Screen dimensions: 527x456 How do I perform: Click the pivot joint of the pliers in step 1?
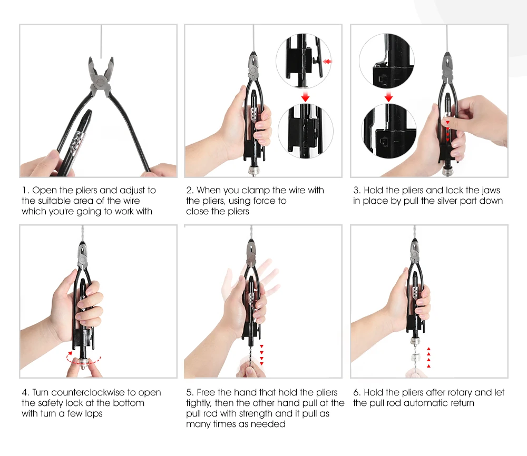click(100, 82)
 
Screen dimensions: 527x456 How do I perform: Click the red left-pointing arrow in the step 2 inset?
click(327, 62)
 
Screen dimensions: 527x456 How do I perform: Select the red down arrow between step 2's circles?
click(305, 97)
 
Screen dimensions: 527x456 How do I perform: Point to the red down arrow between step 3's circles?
click(388, 97)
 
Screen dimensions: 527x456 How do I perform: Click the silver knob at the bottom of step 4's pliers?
click(84, 362)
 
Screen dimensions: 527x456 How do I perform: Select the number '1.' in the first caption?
click(25, 191)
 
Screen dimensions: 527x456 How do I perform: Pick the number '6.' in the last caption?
click(357, 392)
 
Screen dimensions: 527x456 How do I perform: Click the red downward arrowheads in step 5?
click(261, 355)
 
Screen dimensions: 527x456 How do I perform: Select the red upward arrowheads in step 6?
click(428, 358)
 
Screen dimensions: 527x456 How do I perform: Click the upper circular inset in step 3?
click(386, 61)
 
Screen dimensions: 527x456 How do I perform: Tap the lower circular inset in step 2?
click(306, 131)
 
